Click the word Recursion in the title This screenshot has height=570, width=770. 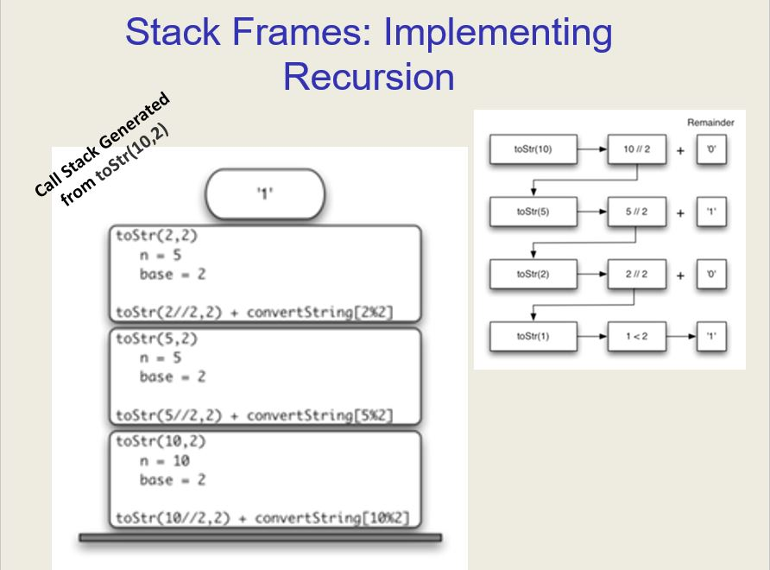click(369, 77)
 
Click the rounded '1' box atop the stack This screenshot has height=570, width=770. click(265, 194)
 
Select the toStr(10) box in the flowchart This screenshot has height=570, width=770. click(533, 149)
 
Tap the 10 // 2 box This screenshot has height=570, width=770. click(637, 149)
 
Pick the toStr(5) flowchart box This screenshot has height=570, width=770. click(533, 212)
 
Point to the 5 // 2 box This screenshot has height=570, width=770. click(637, 212)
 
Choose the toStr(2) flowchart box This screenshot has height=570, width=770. click(533, 274)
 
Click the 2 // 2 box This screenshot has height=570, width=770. click(637, 274)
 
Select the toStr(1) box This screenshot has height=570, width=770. click(533, 337)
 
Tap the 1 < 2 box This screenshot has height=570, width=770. click(637, 337)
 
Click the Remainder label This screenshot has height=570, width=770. click(710, 123)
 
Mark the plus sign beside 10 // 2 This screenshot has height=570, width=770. click(680, 151)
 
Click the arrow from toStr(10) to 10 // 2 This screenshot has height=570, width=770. click(592, 149)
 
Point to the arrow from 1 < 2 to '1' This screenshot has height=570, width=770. click(682, 337)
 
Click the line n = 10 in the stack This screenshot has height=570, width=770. click(165, 461)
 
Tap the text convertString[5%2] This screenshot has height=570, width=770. click(319, 415)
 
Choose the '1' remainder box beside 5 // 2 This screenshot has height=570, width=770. click(711, 212)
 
